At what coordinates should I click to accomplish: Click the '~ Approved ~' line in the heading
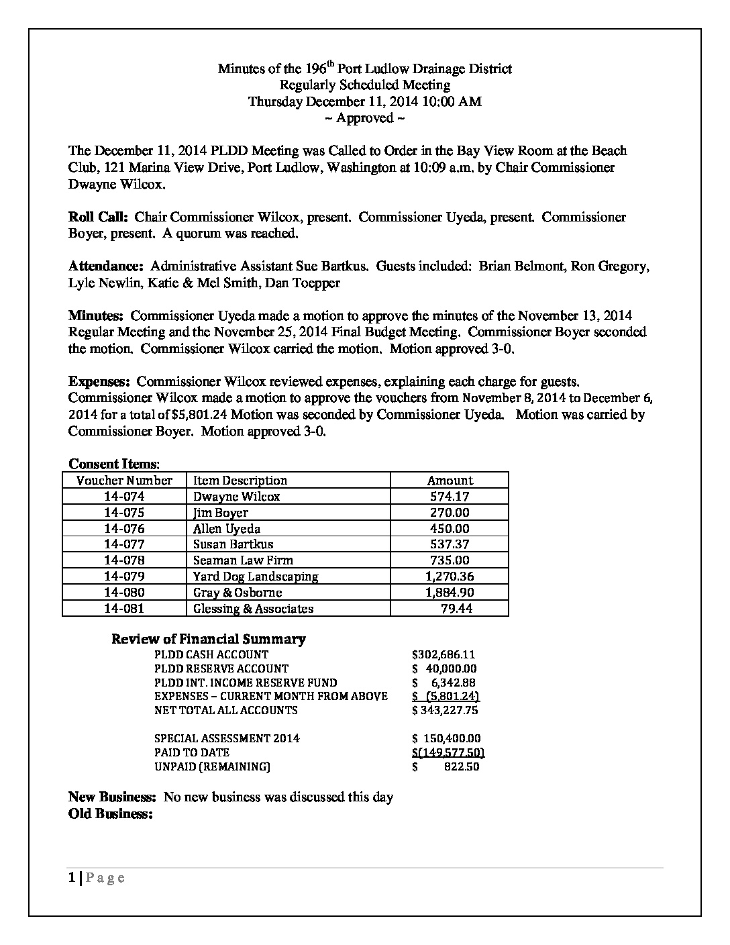(x=364, y=118)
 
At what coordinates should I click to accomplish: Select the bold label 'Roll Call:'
(x=98, y=217)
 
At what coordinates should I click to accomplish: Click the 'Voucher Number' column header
(x=124, y=481)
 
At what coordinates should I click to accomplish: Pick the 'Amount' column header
(x=450, y=481)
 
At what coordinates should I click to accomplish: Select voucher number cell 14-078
(x=124, y=560)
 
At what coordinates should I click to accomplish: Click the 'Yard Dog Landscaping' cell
(x=256, y=577)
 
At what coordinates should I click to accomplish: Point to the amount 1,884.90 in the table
(x=449, y=593)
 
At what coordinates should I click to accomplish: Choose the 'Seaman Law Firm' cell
(x=243, y=560)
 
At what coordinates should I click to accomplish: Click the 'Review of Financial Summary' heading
(x=208, y=639)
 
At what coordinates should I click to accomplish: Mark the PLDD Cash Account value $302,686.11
(x=444, y=654)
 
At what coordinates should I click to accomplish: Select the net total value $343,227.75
(x=445, y=710)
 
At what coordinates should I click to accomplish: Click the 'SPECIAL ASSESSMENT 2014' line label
(x=227, y=738)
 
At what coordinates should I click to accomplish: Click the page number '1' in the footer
(x=72, y=878)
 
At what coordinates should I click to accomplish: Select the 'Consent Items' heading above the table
(x=113, y=464)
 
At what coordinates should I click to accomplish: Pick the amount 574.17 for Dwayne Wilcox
(x=449, y=497)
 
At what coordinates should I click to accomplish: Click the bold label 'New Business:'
(x=113, y=797)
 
